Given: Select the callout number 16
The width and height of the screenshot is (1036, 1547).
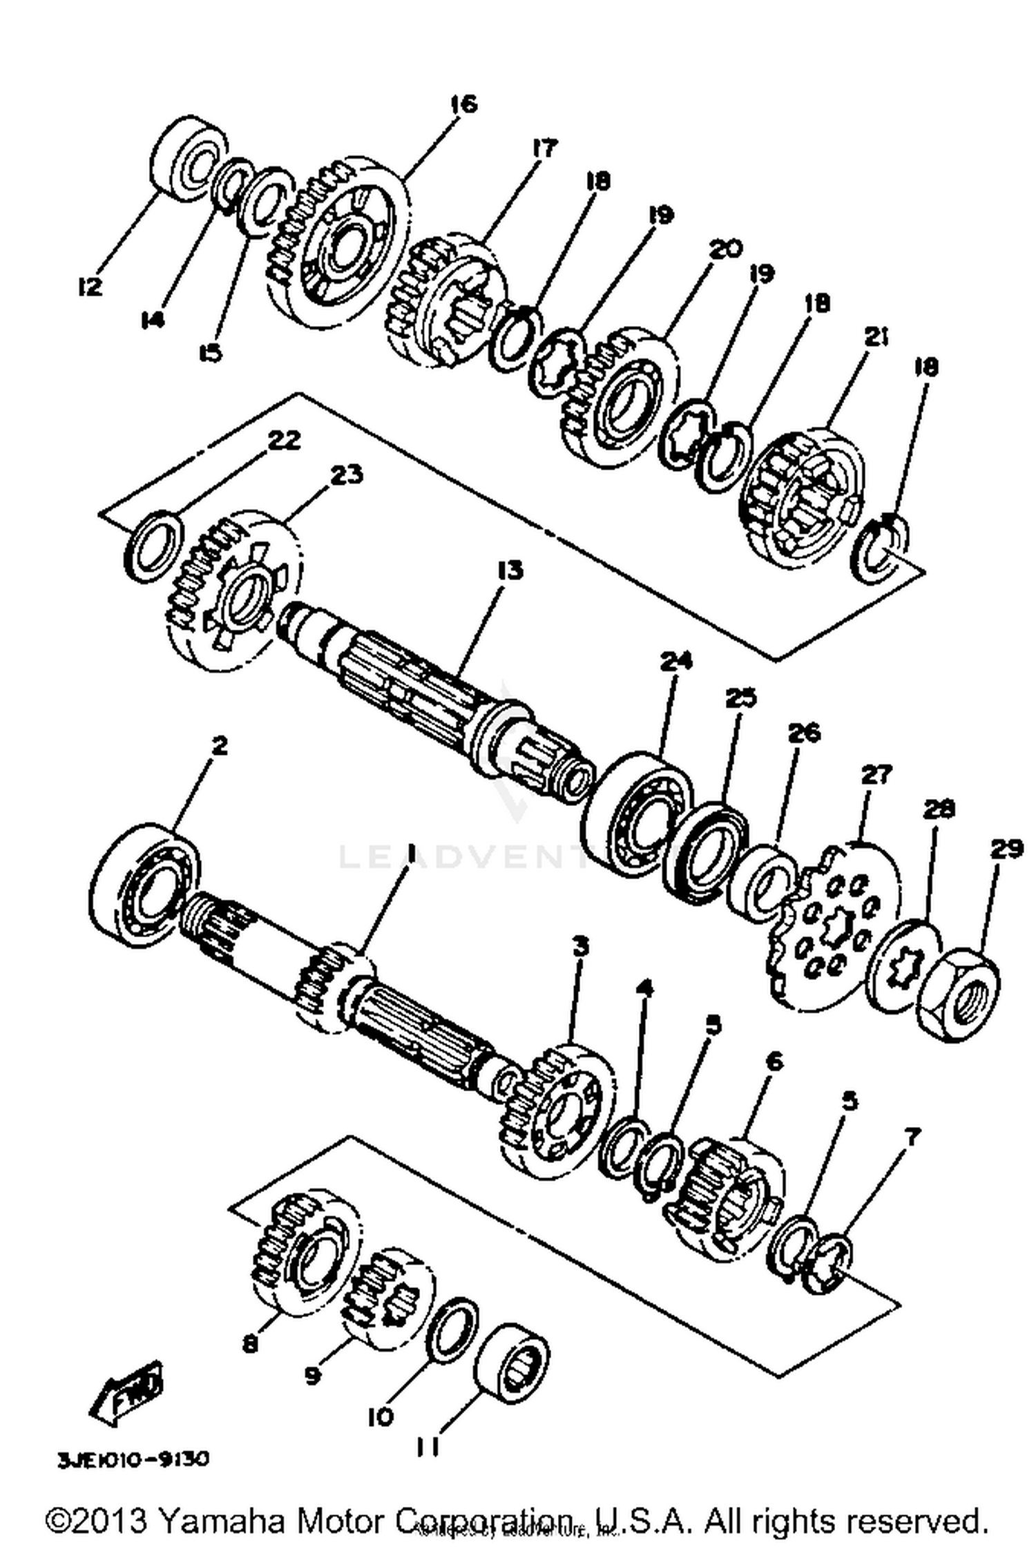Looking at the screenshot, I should [x=463, y=104].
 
